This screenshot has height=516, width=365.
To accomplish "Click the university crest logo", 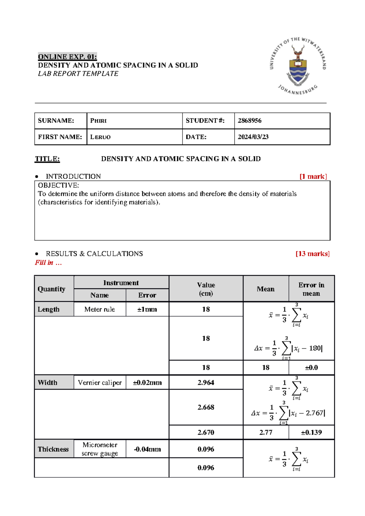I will click(298, 66).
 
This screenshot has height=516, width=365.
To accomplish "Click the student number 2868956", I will click(249, 121).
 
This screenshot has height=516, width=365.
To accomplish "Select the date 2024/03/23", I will click(253, 137).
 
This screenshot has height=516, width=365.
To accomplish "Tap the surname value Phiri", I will click(98, 121).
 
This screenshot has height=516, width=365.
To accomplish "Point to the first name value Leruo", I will click(100, 137).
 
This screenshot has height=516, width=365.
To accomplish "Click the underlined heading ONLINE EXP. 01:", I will click(67, 57).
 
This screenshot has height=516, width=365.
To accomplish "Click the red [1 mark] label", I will click(313, 176).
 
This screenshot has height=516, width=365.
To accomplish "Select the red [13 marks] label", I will click(312, 254).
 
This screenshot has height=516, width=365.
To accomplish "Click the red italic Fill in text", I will click(48, 263).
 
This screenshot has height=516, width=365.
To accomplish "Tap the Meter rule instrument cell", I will click(99, 309).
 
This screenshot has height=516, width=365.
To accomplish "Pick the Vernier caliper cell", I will click(99, 383).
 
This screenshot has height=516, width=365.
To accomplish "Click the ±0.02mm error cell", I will click(147, 383).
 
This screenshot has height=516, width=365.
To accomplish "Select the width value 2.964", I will click(206, 383).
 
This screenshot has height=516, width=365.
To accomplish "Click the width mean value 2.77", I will click(266, 432).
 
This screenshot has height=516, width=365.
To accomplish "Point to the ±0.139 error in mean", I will click(311, 432).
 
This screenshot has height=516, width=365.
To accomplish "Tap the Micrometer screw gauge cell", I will click(99, 449).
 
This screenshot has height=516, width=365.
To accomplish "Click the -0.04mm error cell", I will click(147, 449).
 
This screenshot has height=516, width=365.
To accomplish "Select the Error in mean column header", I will click(311, 289).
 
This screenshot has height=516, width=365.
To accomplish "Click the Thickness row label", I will click(53, 449).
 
